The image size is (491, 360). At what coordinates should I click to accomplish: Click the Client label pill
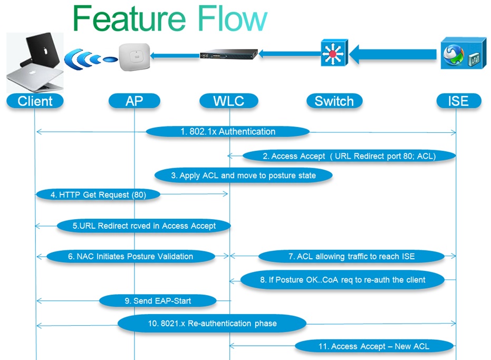coord(35,101)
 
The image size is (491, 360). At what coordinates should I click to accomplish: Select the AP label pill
coord(134,101)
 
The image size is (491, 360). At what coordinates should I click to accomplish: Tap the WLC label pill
coord(229,101)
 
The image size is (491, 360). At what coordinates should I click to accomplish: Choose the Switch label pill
coord(334,101)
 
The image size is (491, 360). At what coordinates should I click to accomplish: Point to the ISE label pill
coord(459,101)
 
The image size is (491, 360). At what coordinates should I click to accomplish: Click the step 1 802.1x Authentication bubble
coord(228,131)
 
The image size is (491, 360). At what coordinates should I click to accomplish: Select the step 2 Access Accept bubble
coord(349,156)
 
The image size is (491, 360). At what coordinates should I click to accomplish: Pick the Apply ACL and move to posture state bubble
coord(243,176)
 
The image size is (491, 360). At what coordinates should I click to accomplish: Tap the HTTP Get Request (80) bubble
coord(98,194)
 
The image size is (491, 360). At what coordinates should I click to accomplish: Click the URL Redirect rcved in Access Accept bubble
coord(144,226)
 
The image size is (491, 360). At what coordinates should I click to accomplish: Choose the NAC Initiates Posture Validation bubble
coord(131,256)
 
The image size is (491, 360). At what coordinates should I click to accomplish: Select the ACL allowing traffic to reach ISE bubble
coord(351,256)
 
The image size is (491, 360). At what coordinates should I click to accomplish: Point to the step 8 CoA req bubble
coord(343,280)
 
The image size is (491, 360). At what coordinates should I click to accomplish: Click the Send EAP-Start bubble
coord(158,301)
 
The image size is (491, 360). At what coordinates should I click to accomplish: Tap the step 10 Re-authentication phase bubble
coord(212,324)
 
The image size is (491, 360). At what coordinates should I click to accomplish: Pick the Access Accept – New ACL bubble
coord(374,346)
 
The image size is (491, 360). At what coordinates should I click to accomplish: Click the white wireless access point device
coord(134,56)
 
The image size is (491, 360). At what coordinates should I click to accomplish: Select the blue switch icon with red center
coord(334,53)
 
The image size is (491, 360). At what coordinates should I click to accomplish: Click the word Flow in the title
coord(232,19)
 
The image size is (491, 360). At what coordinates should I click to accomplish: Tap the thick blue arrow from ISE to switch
coord(393,54)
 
